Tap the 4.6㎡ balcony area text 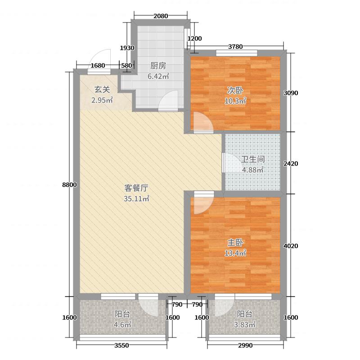click(x=122, y=324)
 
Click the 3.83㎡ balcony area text click(x=246, y=324)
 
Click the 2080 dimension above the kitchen click(x=161, y=16)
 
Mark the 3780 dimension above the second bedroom click(x=236, y=45)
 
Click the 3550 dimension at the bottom click(x=122, y=345)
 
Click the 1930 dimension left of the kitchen click(x=127, y=48)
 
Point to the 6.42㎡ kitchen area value click(x=157, y=76)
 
